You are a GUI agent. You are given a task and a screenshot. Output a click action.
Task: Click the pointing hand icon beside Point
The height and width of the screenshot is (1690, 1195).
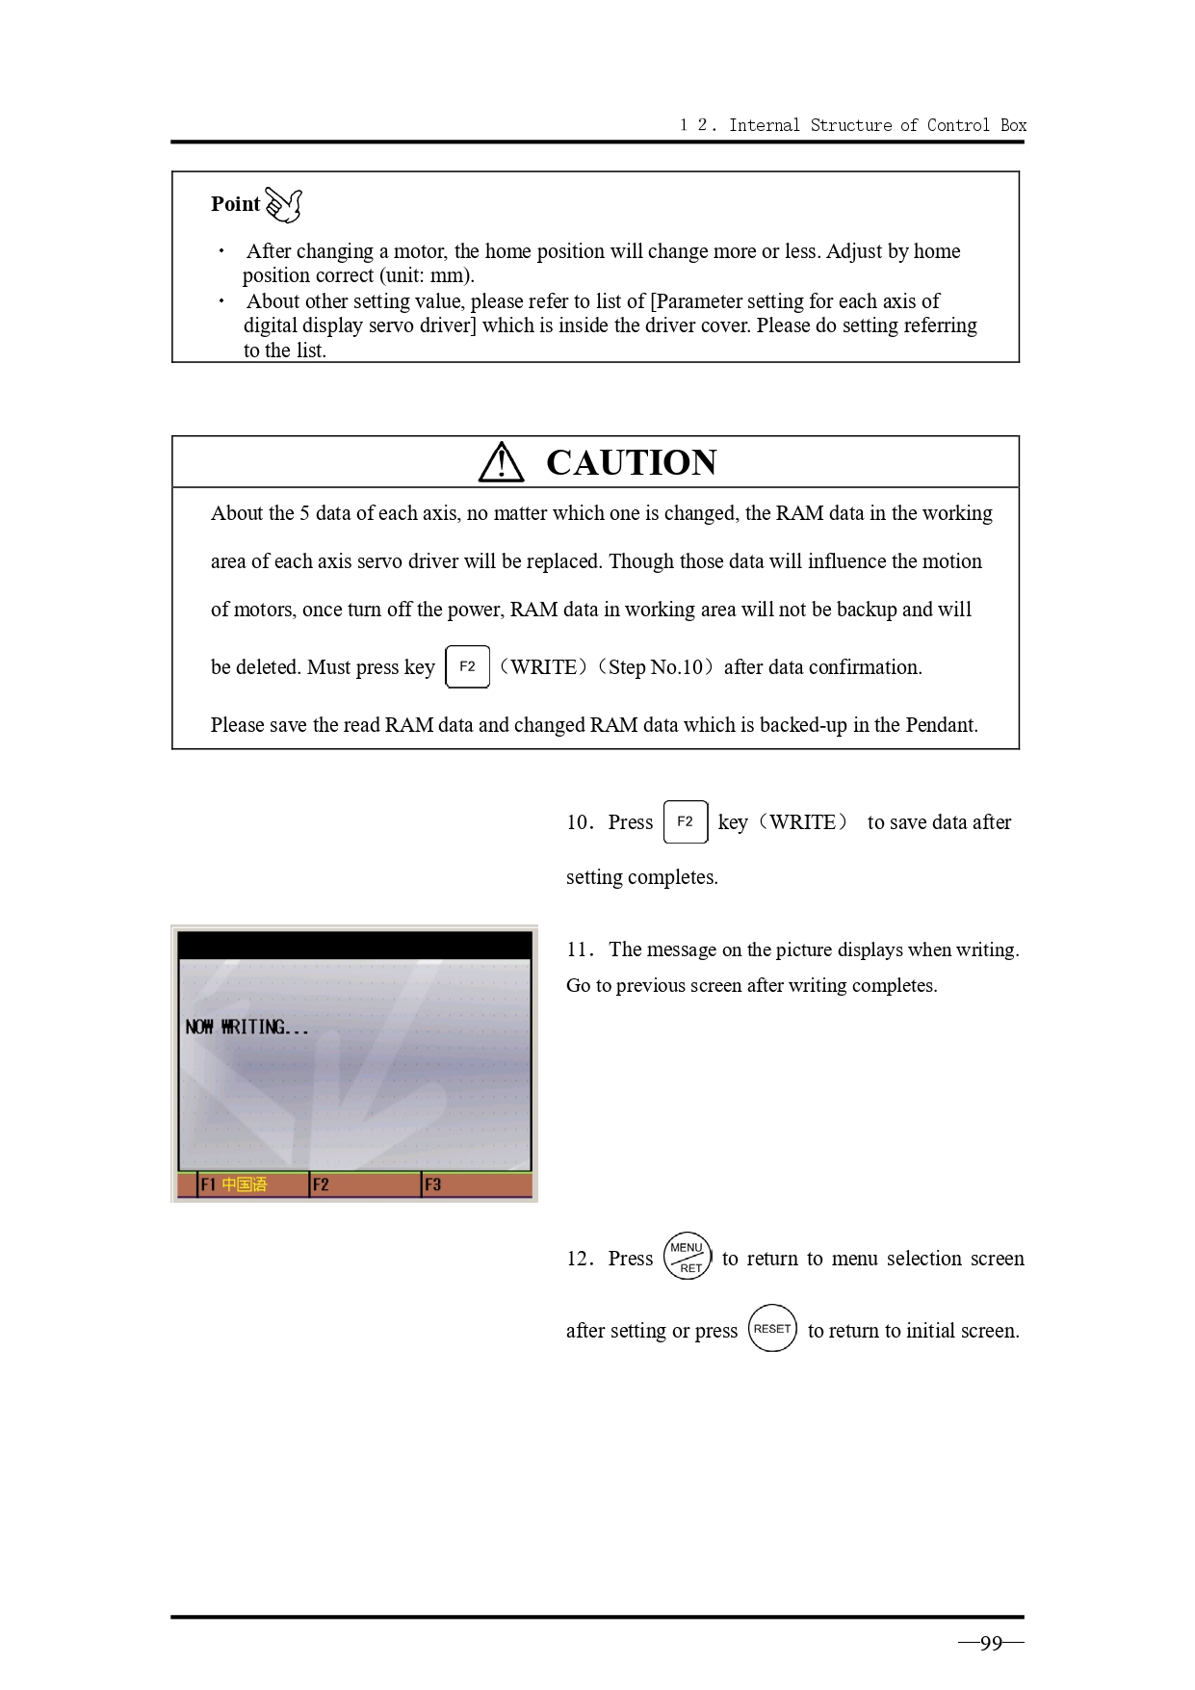point(283,204)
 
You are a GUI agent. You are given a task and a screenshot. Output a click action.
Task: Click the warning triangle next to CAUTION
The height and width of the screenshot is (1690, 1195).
point(501,463)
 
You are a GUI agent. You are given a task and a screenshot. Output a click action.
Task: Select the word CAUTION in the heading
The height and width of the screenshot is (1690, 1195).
point(631,463)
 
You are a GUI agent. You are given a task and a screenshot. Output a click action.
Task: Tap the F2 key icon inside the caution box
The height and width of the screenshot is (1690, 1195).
point(467,666)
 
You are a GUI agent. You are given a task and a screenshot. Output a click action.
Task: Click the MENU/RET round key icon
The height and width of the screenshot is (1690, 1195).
point(688,1257)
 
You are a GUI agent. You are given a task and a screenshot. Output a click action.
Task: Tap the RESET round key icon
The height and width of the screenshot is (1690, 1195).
point(772,1329)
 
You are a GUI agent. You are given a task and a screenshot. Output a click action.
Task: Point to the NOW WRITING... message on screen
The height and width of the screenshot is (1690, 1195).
point(247,1027)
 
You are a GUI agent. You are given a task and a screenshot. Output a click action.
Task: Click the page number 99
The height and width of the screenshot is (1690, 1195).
point(991,1644)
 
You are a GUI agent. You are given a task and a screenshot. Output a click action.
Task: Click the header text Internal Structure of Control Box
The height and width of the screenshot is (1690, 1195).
point(876,125)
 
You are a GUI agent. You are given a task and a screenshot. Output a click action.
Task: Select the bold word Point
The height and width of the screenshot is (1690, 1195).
point(235,204)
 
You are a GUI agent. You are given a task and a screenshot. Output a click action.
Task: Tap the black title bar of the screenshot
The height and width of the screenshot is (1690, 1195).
point(354,945)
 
